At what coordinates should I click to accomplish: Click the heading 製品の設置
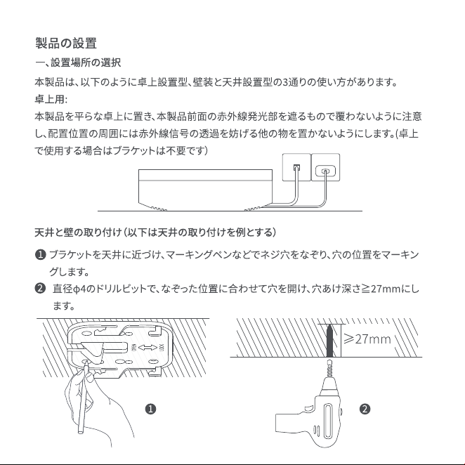(x=66, y=43)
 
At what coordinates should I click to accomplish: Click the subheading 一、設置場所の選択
(x=78, y=63)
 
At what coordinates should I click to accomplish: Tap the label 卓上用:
(x=51, y=99)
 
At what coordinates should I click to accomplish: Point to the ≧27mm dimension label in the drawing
(x=367, y=339)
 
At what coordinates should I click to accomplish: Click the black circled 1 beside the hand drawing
(x=150, y=410)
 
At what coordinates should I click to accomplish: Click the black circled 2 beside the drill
(x=365, y=410)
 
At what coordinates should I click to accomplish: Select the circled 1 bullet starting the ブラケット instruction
(x=40, y=255)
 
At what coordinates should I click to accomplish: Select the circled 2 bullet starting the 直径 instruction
(x=40, y=288)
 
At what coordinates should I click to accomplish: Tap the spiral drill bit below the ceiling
(x=329, y=368)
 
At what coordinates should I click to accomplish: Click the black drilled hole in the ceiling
(x=329, y=341)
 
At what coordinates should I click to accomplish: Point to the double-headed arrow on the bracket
(x=148, y=348)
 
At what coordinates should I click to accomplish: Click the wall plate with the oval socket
(x=325, y=167)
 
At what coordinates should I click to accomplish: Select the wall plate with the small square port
(x=296, y=167)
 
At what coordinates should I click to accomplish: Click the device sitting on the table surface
(x=205, y=190)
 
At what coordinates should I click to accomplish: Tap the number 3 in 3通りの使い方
(x=285, y=82)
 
